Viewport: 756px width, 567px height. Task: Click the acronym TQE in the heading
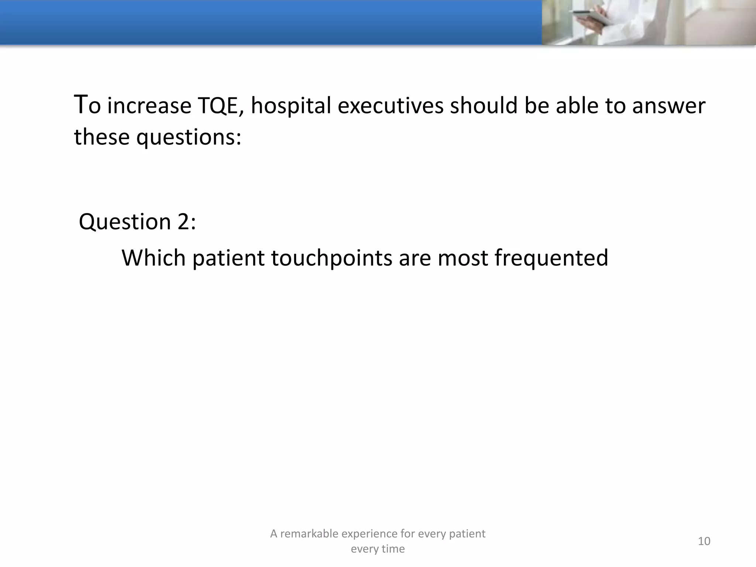pos(220,106)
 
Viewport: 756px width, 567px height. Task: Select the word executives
pos(390,106)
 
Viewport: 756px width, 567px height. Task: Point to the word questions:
pos(189,137)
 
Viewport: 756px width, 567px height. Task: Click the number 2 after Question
pos(183,222)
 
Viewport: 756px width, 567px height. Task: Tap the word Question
pos(125,222)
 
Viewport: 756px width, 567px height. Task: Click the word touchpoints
pos(331,258)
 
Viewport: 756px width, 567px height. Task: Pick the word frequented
pos(551,258)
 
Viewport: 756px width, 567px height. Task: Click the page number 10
pos(704,541)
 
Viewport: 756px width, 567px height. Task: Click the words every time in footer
pos(378,549)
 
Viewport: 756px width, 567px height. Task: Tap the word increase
pos(149,106)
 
